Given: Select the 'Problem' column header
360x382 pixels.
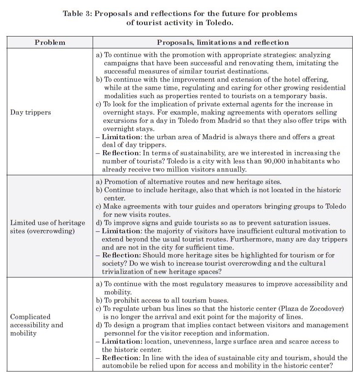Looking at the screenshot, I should (50, 42).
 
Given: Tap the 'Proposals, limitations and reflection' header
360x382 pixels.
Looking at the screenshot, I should (223, 42).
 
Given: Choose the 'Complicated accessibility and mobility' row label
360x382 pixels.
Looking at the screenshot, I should (37, 325).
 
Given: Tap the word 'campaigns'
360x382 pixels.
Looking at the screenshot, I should (120, 63).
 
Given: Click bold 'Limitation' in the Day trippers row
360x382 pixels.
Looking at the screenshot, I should (120, 137).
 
